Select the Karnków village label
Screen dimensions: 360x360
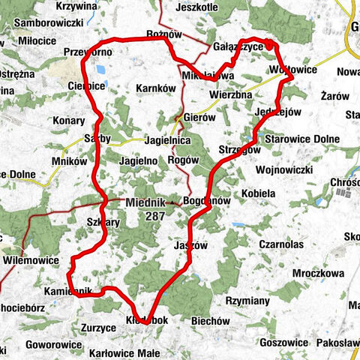click(x=155, y=88)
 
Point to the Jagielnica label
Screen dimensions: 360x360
click(x=168, y=139)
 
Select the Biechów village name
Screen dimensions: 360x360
click(x=210, y=320)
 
